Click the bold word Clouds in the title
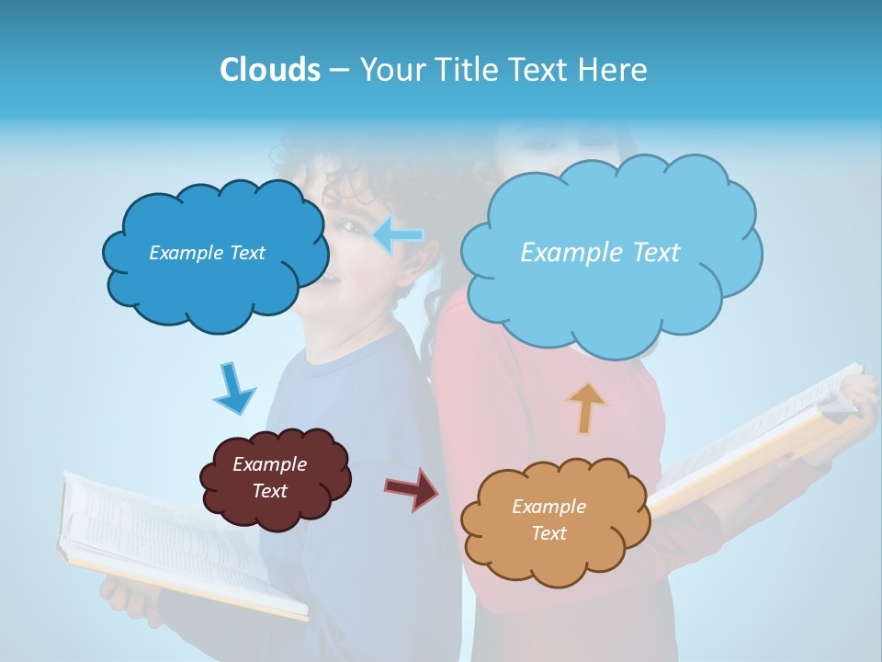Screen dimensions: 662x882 [x=269, y=70]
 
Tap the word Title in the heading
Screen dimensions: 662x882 [x=466, y=70]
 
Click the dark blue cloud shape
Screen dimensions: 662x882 [x=211, y=276]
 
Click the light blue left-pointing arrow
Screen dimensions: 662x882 [x=398, y=234]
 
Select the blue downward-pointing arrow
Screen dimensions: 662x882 [x=233, y=387]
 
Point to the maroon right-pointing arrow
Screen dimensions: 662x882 [x=413, y=487]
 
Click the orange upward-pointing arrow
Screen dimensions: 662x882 [x=586, y=407]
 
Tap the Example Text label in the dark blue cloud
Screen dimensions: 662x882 [x=207, y=253]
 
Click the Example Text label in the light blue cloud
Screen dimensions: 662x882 [x=600, y=253]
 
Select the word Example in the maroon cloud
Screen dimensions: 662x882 [x=269, y=464]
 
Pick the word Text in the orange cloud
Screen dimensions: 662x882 [x=548, y=533]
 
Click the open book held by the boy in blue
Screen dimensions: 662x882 [x=175, y=542]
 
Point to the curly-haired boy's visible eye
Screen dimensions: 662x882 [x=349, y=223]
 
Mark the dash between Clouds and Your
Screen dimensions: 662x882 [x=338, y=70]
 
